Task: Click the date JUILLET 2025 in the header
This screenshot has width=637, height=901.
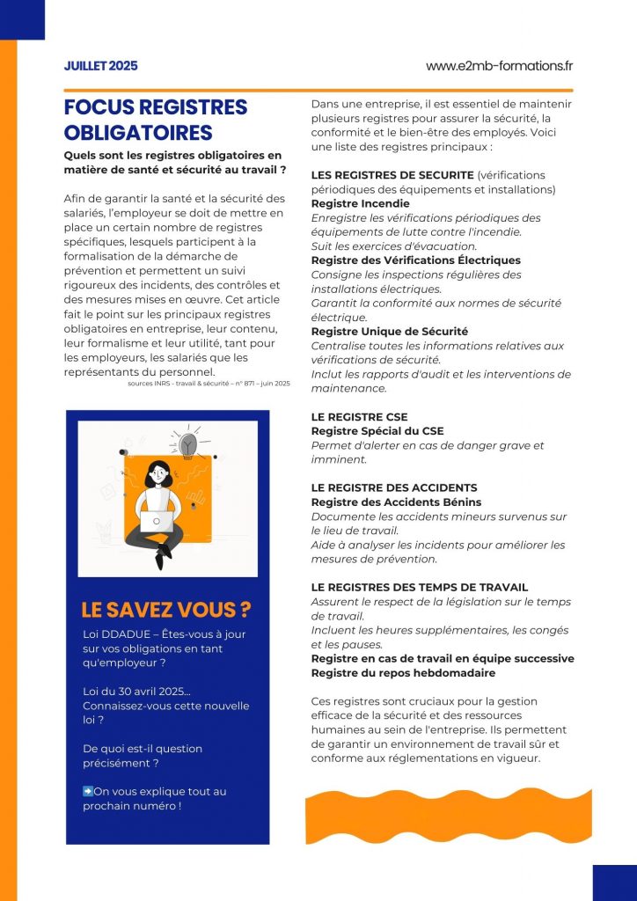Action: (101, 66)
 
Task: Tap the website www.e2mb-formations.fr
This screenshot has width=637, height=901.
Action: (499, 66)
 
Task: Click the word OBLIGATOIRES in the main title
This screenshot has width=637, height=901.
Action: (138, 133)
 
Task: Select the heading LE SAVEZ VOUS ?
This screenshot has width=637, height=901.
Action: (165, 610)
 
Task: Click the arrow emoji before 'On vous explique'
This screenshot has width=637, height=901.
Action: (88, 791)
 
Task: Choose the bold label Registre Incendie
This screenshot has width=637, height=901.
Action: (360, 203)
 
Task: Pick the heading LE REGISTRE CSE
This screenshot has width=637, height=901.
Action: (360, 417)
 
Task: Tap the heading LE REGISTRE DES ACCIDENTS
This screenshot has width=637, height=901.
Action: (394, 487)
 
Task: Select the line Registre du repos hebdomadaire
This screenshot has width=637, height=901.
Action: (403, 673)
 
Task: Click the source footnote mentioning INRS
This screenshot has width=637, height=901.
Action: (208, 383)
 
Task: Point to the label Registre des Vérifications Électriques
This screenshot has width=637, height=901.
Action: (416, 260)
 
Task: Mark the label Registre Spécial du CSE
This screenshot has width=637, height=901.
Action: (377, 431)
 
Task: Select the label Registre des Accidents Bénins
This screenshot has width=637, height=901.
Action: (396, 502)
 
